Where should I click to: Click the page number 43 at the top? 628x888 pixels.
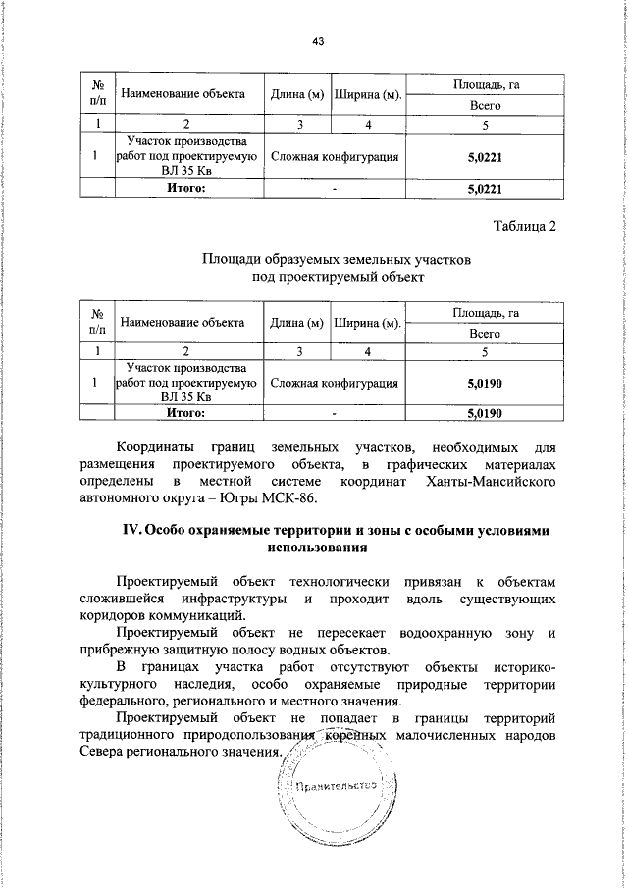[317, 40]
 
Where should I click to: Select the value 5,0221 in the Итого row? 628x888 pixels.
[485, 188]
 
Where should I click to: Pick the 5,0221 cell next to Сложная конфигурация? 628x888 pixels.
[485, 156]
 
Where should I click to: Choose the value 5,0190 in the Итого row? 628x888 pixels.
[485, 414]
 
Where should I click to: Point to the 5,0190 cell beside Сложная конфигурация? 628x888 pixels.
[485, 382]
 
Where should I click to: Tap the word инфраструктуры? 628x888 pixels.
[233, 599]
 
